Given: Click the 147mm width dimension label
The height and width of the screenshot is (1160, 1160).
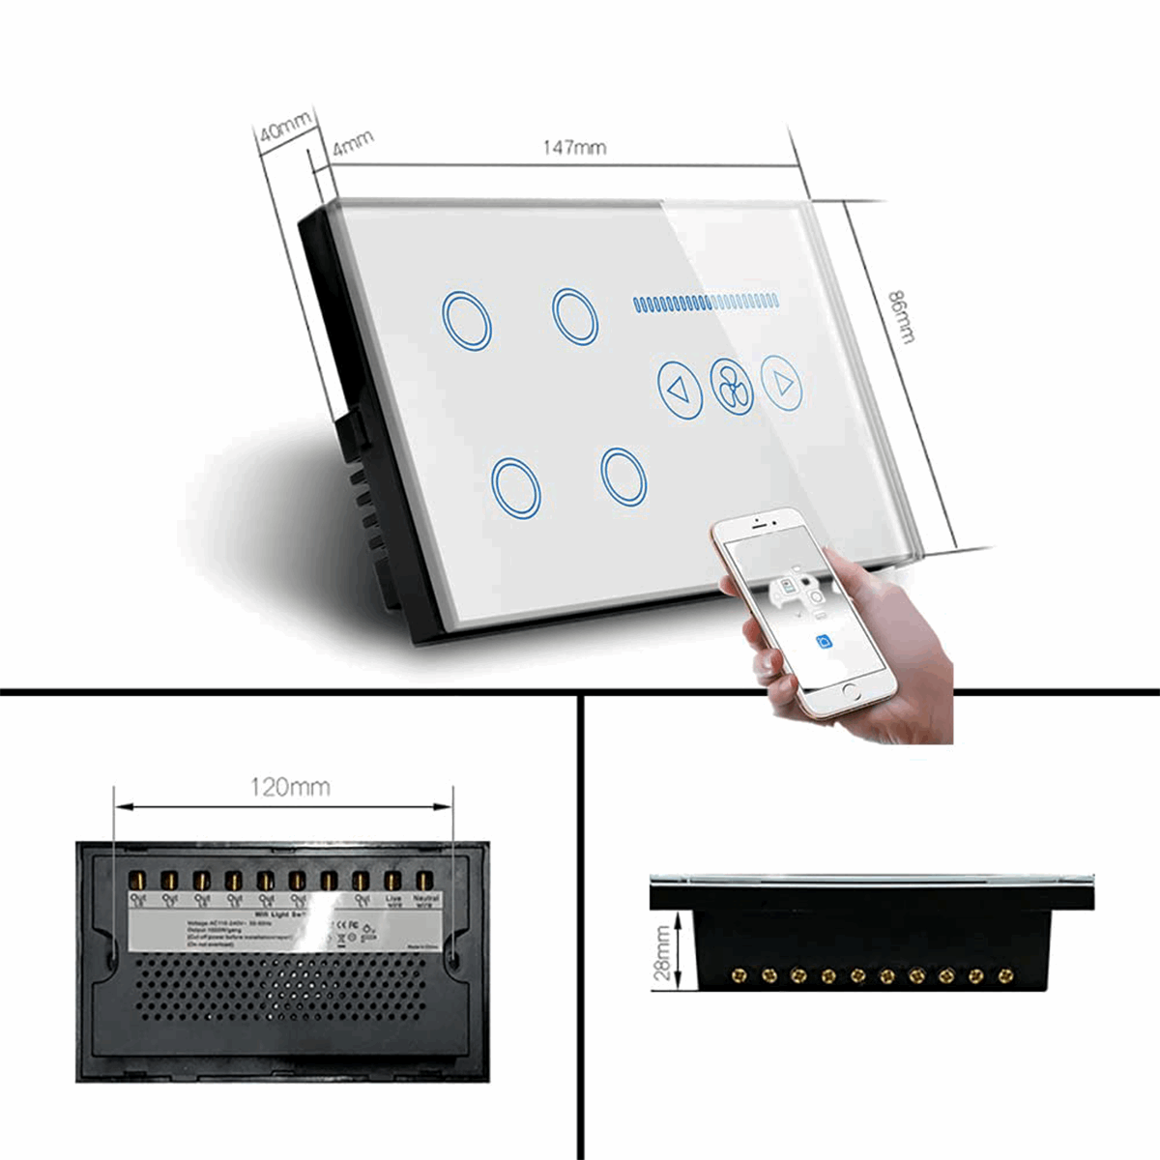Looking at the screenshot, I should (x=574, y=147).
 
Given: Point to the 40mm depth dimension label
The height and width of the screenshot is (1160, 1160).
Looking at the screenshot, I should (x=286, y=127).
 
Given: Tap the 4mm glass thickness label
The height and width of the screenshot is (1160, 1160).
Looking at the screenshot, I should (x=353, y=144).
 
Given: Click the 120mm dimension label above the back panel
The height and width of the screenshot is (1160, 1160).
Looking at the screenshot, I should (x=290, y=787).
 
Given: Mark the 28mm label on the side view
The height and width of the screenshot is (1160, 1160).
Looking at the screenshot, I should (x=663, y=953).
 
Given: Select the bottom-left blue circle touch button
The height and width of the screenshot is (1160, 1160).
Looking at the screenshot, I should (x=516, y=486).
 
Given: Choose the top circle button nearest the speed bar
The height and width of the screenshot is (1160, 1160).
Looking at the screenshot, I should (x=575, y=314).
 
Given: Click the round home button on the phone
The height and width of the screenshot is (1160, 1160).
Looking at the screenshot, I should (x=852, y=692).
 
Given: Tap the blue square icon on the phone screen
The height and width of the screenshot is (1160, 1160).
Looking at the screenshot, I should (x=823, y=641).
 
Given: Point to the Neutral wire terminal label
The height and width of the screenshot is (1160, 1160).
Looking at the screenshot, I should (x=425, y=901).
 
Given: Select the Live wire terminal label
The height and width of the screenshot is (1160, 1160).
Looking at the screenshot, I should (x=393, y=901).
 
